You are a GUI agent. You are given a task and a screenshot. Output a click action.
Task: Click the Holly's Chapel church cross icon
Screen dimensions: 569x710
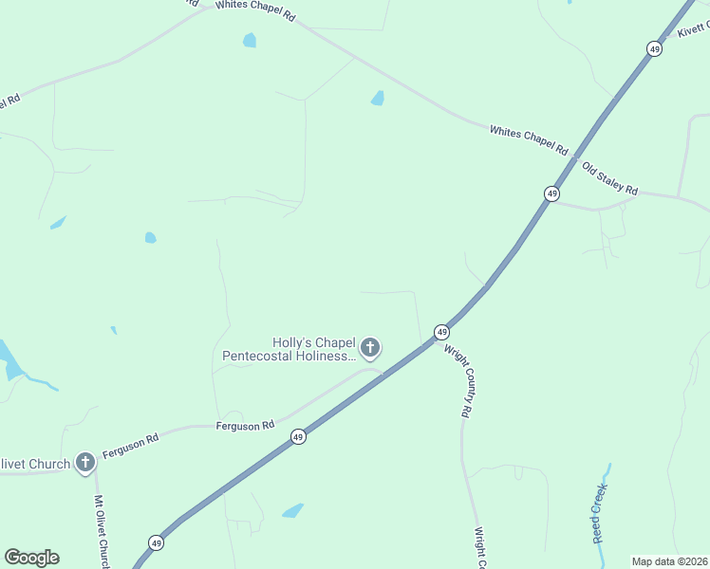point(370,348)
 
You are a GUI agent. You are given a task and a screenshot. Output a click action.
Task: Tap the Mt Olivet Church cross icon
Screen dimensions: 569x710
point(85,463)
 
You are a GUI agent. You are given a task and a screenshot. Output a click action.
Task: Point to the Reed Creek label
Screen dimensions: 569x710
point(599,513)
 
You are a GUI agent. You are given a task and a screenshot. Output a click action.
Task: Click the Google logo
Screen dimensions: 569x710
point(31,558)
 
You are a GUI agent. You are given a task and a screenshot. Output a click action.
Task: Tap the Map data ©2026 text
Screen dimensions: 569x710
point(670,560)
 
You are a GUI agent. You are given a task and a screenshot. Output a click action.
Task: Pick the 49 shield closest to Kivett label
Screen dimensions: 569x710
point(654,48)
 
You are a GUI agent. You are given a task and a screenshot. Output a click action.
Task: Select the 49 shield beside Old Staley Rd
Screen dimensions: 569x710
point(551,193)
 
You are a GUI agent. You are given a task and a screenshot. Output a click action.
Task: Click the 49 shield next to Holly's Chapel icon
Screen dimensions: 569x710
point(441,332)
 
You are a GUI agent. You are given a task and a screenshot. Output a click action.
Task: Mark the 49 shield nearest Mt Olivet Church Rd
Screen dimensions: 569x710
point(156,543)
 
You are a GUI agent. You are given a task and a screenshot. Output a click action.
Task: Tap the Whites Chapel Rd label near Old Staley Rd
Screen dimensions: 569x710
point(529,139)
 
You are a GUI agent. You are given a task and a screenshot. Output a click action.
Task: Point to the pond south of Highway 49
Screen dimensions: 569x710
point(292,511)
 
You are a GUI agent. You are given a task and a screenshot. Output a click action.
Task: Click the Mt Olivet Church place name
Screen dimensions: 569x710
point(36,464)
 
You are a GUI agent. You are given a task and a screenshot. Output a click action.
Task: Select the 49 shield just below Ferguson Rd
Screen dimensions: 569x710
point(298,437)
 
